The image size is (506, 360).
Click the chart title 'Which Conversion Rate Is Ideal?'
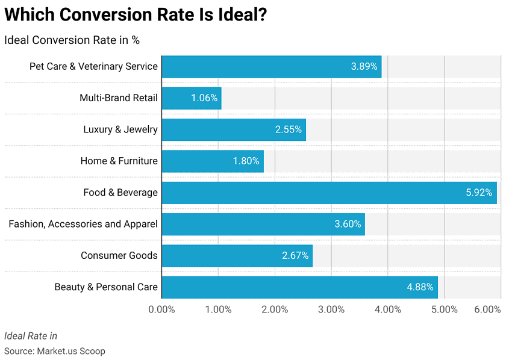point(136,16)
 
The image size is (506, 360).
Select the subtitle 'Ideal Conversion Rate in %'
point(72,40)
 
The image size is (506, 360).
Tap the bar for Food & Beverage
point(329,193)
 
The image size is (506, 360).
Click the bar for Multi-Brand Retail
point(192,98)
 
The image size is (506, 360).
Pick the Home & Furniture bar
point(213,161)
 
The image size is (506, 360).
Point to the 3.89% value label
point(364,66)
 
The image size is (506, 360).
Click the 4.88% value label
point(420,287)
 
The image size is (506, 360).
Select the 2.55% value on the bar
point(288,129)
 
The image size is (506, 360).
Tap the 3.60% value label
point(348,224)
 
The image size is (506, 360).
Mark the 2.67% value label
point(295,256)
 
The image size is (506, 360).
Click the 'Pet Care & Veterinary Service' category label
point(93,66)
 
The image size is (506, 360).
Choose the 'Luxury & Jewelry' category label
point(120,129)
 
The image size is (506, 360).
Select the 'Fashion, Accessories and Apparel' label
point(83,224)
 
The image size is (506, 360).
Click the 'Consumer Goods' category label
point(119,256)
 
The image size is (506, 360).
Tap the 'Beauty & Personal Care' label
point(106,287)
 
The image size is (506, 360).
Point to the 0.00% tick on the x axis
point(161,309)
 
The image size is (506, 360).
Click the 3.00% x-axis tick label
point(331,309)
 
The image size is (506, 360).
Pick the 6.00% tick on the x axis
point(487,309)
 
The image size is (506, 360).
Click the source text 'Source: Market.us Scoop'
point(55,350)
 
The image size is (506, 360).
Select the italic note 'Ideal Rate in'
point(31,336)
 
